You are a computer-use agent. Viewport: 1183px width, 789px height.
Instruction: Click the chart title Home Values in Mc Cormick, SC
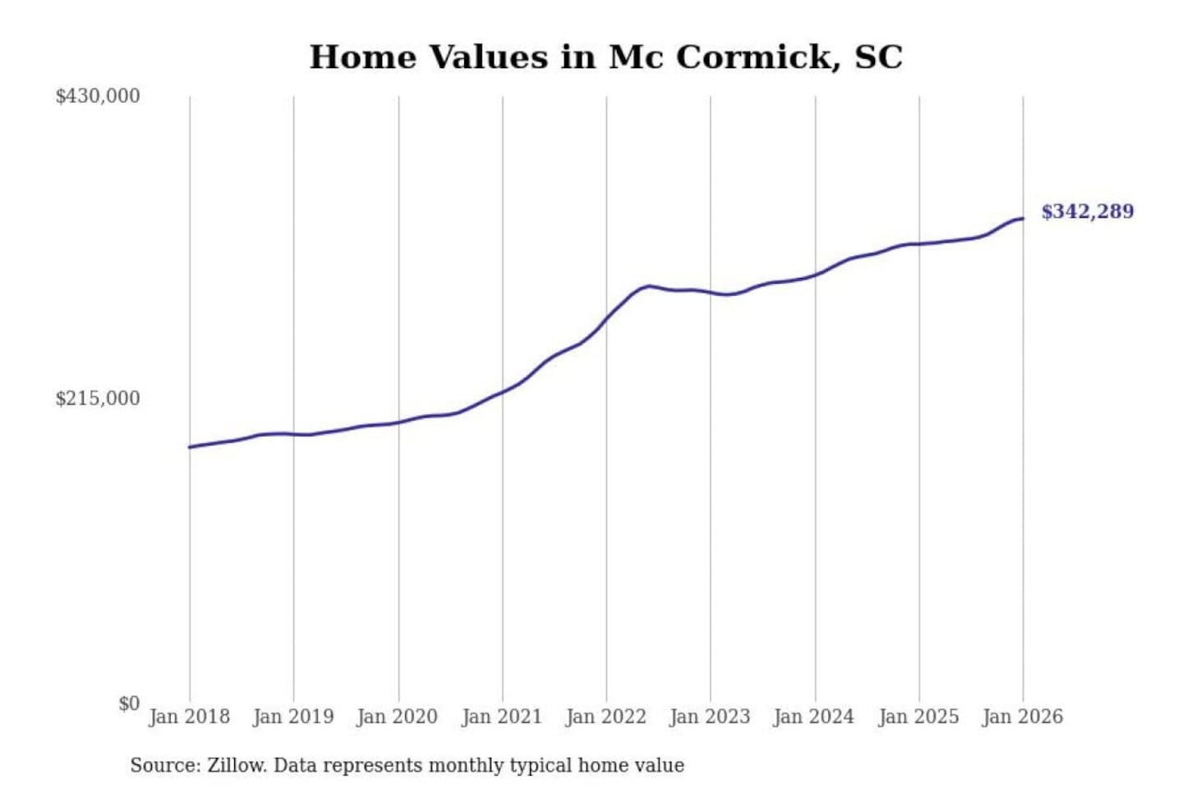pyautogui.click(x=605, y=57)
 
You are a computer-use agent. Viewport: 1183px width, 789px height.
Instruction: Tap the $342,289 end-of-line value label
pyautogui.click(x=1087, y=211)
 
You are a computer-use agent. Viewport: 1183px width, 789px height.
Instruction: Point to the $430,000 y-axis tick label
pyautogui.click(x=98, y=96)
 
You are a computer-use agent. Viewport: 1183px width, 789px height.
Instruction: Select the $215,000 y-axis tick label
pyautogui.click(x=98, y=399)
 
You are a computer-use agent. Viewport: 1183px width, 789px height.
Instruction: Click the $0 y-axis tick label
pyautogui.click(x=129, y=704)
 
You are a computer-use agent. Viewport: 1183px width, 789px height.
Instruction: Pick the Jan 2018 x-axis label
pyautogui.click(x=190, y=717)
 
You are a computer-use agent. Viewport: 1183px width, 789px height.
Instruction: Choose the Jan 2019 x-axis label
pyautogui.click(x=293, y=717)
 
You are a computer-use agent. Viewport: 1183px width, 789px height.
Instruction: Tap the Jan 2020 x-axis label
pyautogui.click(x=398, y=717)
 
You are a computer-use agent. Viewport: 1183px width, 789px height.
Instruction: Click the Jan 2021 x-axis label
pyautogui.click(x=502, y=717)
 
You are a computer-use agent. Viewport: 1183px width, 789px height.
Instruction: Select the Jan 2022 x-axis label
pyautogui.click(x=606, y=717)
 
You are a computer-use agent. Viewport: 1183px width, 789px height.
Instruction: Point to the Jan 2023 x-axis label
pyautogui.click(x=710, y=717)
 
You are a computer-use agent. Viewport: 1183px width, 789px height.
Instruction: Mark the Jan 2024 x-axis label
pyautogui.click(x=814, y=717)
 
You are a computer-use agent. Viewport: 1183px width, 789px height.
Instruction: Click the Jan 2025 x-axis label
pyautogui.click(x=918, y=717)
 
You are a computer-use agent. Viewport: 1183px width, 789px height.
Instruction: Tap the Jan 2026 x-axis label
pyautogui.click(x=1023, y=717)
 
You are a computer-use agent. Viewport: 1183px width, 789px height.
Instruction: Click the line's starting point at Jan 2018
pyautogui.click(x=190, y=447)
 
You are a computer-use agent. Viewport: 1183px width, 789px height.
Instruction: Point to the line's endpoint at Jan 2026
pyautogui.click(x=1023, y=219)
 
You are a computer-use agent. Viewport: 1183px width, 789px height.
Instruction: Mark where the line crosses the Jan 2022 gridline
pyautogui.click(x=607, y=316)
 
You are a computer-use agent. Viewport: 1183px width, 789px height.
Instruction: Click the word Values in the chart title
pyautogui.click(x=489, y=57)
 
